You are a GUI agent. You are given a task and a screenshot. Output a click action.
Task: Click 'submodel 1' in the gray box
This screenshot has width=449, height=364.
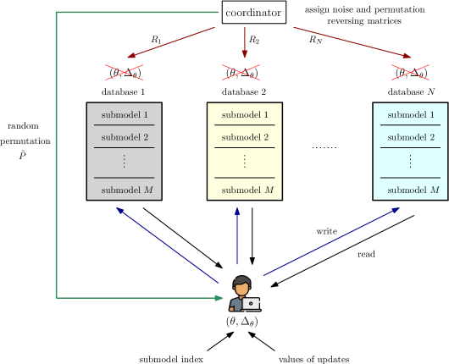click(x=124, y=114)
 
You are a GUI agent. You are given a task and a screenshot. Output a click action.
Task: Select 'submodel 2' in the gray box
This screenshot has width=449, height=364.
click(x=124, y=137)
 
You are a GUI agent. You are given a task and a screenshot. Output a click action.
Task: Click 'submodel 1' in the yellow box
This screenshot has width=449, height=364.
click(x=245, y=114)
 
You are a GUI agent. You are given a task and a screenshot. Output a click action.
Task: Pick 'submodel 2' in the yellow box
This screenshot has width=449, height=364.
click(x=245, y=137)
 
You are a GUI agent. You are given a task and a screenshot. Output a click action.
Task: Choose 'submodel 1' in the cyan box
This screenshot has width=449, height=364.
click(x=411, y=114)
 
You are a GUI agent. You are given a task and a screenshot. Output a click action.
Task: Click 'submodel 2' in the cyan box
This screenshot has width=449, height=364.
click(x=411, y=137)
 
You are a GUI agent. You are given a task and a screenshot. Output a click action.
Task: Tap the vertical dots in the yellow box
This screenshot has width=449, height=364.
click(x=245, y=160)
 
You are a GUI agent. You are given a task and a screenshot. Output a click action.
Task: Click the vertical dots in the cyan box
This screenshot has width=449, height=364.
click(x=411, y=160)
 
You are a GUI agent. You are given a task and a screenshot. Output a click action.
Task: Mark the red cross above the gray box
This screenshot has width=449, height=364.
click(x=124, y=73)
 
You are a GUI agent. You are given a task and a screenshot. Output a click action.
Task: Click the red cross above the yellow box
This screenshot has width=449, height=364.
click(x=241, y=73)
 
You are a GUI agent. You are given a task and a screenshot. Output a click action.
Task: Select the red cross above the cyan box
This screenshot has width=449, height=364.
click(x=410, y=73)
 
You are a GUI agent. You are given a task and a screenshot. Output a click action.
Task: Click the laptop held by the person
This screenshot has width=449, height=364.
click(x=252, y=303)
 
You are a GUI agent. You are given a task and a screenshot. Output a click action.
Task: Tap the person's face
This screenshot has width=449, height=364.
click(x=241, y=288)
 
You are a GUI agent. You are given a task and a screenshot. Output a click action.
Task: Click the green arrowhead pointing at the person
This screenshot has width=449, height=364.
click(x=219, y=298)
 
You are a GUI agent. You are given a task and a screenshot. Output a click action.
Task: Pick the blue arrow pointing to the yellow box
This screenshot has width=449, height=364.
click(x=237, y=237)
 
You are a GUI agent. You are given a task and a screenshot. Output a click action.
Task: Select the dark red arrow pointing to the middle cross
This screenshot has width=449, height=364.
click(x=245, y=42)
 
